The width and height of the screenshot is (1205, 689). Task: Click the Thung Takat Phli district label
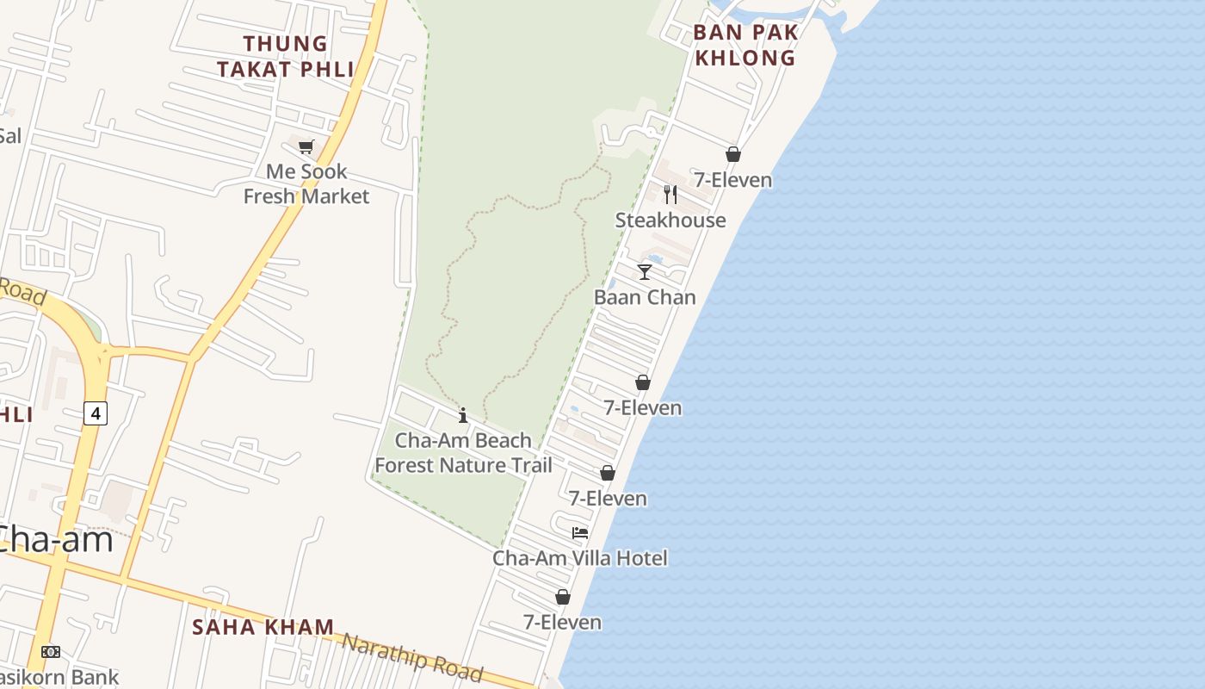pyautogui.click(x=286, y=56)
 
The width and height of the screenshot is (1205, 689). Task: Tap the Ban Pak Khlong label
pyautogui.click(x=745, y=45)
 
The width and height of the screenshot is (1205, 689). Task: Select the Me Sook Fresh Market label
pyautogui.click(x=306, y=183)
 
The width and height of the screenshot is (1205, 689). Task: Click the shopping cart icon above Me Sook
pyautogui.click(x=306, y=146)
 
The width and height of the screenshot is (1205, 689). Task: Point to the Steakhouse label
pyautogui.click(x=670, y=220)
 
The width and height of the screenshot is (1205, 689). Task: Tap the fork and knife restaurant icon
pyautogui.click(x=670, y=195)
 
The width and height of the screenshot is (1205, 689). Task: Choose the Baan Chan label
pyautogui.click(x=645, y=297)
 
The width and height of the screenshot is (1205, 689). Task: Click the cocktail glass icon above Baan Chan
pyautogui.click(x=645, y=272)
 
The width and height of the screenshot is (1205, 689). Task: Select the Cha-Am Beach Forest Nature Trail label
pyautogui.click(x=463, y=453)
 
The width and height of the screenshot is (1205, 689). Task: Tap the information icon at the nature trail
pyautogui.click(x=463, y=416)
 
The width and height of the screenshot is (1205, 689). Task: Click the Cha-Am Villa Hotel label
pyautogui.click(x=580, y=558)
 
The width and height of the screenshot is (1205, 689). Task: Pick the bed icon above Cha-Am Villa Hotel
pyautogui.click(x=580, y=533)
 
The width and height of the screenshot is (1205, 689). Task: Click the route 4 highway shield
pyautogui.click(x=96, y=413)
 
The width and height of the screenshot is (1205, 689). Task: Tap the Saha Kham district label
pyautogui.click(x=263, y=627)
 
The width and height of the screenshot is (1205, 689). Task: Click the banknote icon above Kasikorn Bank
pyautogui.click(x=51, y=652)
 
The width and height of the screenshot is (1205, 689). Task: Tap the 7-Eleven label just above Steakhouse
pyautogui.click(x=733, y=180)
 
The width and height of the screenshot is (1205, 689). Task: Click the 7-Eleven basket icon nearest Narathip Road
pyautogui.click(x=563, y=597)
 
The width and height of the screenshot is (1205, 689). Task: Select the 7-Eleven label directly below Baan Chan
pyautogui.click(x=643, y=407)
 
